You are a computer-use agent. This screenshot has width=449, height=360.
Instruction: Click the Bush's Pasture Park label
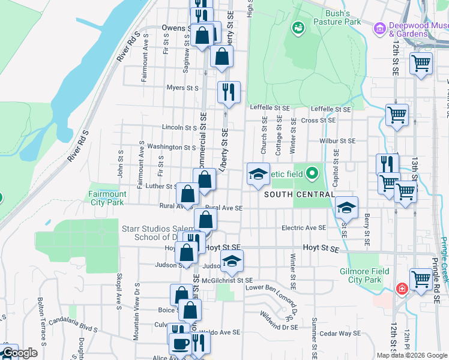point(342,17)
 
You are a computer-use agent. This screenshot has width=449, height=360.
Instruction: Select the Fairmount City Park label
point(107,198)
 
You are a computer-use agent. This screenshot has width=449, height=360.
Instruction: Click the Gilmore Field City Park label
point(364,275)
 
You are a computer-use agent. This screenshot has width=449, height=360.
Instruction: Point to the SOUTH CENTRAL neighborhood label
point(298,194)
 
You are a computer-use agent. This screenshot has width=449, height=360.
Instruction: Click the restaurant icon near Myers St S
point(228,92)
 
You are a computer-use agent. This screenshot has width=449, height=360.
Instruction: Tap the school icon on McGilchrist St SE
point(232,261)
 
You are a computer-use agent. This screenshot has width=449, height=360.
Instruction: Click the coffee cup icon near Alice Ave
point(179,344)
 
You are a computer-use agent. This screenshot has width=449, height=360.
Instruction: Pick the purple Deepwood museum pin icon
point(379,28)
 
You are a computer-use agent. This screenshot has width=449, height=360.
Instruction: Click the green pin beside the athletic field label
point(311,174)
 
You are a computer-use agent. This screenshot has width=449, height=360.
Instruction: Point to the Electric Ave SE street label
point(304,228)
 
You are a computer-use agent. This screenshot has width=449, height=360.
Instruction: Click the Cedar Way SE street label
point(340,334)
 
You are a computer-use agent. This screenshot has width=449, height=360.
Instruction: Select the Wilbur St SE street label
point(337,141)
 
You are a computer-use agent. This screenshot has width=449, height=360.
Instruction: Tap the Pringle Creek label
point(444,258)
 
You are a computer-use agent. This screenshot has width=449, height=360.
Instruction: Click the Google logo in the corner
point(20,353)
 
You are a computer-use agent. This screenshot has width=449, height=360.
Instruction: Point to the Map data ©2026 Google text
point(411,355)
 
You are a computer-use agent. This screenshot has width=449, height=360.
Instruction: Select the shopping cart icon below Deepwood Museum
point(421,62)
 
